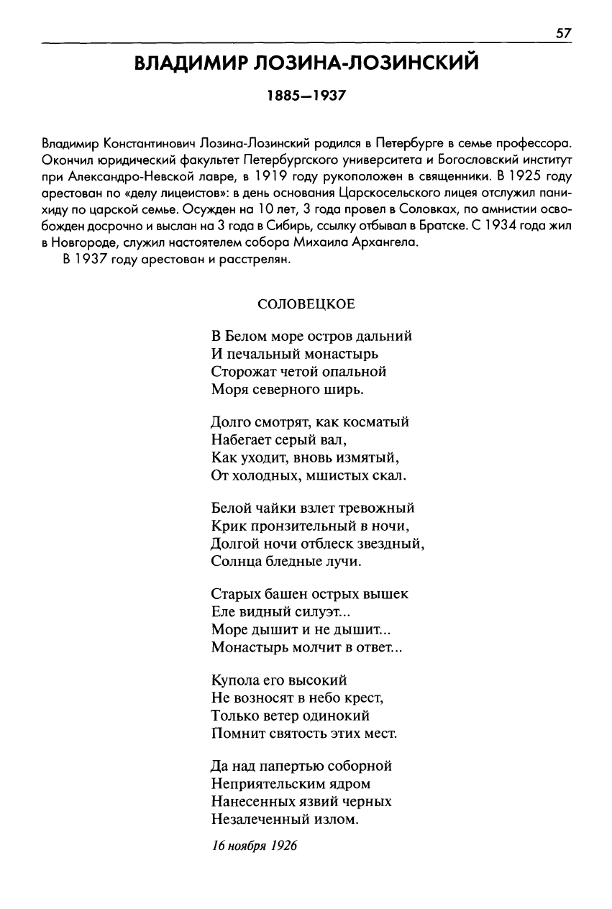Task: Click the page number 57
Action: [563, 34]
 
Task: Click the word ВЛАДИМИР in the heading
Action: [189, 65]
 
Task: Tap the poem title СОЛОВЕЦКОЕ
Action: [306, 303]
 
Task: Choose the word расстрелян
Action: [257, 261]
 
